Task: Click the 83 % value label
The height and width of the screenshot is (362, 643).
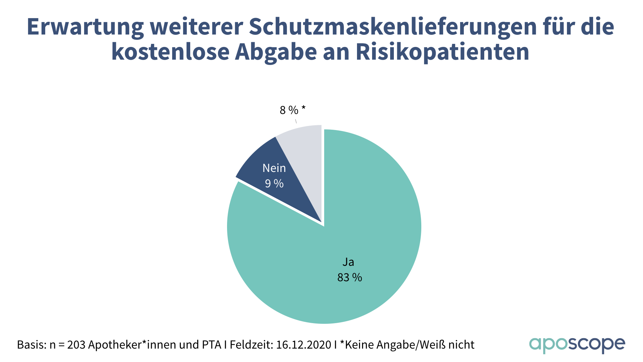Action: (x=350, y=278)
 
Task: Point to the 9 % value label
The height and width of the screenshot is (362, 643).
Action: (x=274, y=183)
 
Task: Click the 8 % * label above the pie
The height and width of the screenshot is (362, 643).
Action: (x=292, y=110)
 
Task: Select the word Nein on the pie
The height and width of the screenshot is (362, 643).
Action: (x=274, y=168)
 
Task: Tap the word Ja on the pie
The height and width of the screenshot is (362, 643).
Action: (x=348, y=262)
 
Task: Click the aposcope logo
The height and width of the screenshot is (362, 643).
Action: (x=577, y=345)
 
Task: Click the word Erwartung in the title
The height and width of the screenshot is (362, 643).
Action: (x=85, y=27)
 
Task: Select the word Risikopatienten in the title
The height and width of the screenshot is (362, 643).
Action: (x=442, y=52)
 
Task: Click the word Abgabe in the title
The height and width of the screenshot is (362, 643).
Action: (x=276, y=52)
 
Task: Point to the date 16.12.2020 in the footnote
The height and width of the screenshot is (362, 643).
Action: (x=303, y=345)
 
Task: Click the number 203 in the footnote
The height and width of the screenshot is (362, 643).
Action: (x=76, y=345)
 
